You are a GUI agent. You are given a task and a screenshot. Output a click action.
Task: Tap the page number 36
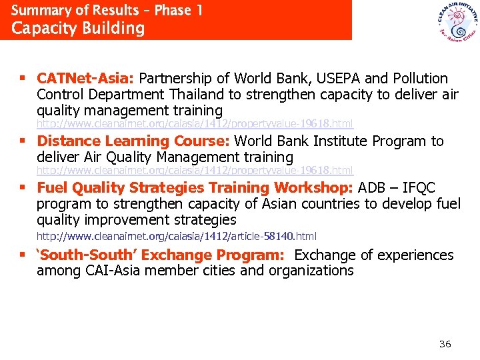(x=445, y=344)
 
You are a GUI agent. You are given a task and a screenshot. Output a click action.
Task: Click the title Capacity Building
(x=78, y=29)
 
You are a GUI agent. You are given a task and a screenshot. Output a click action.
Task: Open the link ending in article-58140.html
(x=176, y=236)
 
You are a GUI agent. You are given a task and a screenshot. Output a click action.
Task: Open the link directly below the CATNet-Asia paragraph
(x=194, y=124)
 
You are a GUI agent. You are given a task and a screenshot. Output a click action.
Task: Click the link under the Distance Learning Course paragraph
(x=194, y=171)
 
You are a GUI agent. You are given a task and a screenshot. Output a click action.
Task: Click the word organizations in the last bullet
(x=311, y=271)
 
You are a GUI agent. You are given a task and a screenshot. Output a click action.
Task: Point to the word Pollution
(x=416, y=79)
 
